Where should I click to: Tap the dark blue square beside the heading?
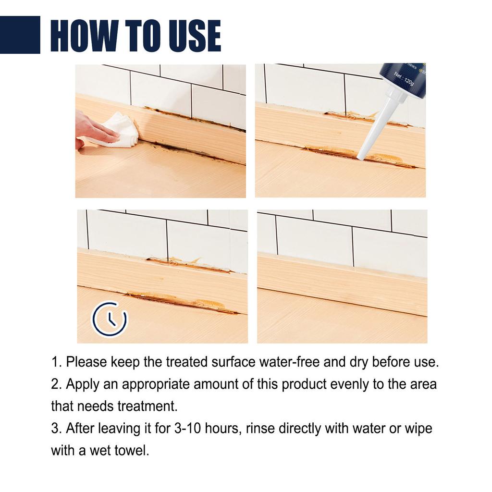(20, 35)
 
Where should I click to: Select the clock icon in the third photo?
(110, 318)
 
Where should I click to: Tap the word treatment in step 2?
(147, 406)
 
